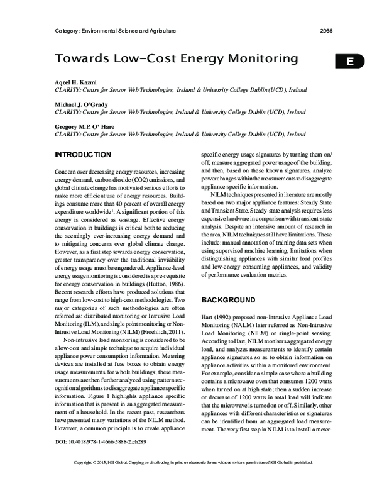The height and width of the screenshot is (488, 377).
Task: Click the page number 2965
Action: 326,30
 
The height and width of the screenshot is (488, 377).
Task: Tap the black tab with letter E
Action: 351,61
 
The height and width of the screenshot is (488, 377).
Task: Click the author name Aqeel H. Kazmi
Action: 77,83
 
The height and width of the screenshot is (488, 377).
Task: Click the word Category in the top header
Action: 69,30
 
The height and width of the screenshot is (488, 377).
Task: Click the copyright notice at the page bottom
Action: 188,481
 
